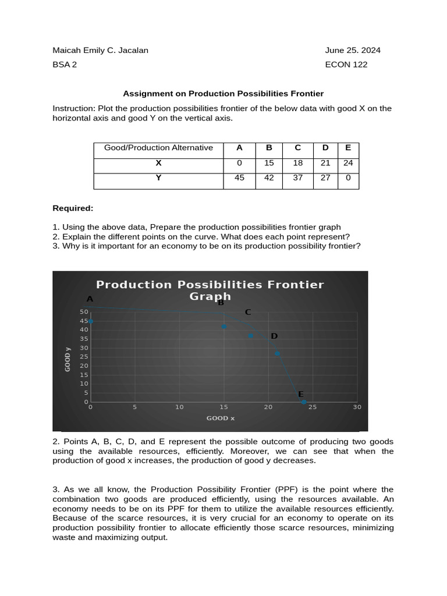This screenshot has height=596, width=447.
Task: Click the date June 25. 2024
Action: pos(353,50)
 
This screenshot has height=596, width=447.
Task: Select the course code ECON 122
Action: pos(346,65)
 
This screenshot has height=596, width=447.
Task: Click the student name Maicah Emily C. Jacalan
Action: pos(100,50)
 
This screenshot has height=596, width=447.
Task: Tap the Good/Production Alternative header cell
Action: pos(158,148)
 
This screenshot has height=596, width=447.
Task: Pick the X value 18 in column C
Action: pos(298,163)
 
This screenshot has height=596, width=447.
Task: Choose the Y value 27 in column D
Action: pos(325,178)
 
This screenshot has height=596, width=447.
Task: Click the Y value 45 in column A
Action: pos(239,178)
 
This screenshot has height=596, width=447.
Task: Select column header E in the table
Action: pos(348,148)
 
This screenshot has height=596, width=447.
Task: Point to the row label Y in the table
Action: pos(158,178)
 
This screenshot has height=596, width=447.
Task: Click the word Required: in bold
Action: pos(73,208)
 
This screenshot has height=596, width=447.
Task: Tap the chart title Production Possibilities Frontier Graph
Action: pos(210,290)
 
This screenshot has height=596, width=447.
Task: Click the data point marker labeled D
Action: pos(278,353)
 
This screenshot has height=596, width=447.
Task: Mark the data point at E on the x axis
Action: pos(304,402)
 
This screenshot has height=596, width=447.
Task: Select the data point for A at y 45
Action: pos(90,321)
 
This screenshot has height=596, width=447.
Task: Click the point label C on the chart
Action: pos(248,312)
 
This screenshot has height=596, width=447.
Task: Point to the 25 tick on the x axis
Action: pos(313,407)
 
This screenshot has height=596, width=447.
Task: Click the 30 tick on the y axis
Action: pos(84,348)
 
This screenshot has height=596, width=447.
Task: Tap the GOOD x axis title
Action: pos(221,418)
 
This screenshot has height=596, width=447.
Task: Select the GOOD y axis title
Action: pos(68,359)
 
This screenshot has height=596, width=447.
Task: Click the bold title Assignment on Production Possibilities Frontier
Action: pos(223,93)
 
